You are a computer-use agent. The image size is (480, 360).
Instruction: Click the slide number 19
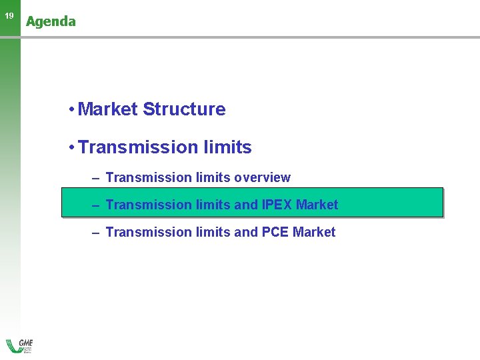(x=9, y=16)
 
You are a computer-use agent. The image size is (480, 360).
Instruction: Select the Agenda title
(x=51, y=21)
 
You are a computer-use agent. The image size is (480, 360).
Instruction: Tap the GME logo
(x=19, y=345)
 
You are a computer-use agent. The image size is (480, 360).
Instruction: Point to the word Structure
(x=184, y=109)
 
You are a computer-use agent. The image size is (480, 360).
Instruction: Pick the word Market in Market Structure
(x=107, y=109)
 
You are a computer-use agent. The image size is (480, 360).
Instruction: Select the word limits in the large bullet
(x=227, y=147)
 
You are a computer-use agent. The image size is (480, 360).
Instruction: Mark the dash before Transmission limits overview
(x=96, y=178)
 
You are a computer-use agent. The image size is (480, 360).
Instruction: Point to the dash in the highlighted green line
(x=96, y=205)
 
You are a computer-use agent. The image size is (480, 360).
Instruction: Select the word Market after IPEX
(x=317, y=205)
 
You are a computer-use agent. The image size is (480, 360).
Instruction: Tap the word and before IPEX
(x=245, y=205)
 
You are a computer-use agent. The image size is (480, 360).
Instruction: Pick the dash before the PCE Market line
(x=96, y=233)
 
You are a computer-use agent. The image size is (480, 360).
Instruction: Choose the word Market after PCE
(x=315, y=232)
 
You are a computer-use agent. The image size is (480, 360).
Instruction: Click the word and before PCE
(x=245, y=232)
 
